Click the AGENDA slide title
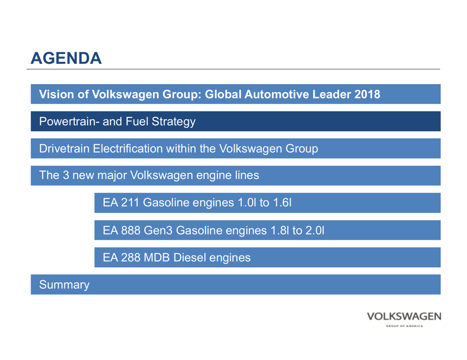(66, 58)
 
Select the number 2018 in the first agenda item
(367, 94)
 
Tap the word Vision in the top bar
(54, 94)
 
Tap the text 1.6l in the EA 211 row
(283, 202)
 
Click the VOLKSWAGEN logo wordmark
(404, 316)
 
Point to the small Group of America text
(404, 325)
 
